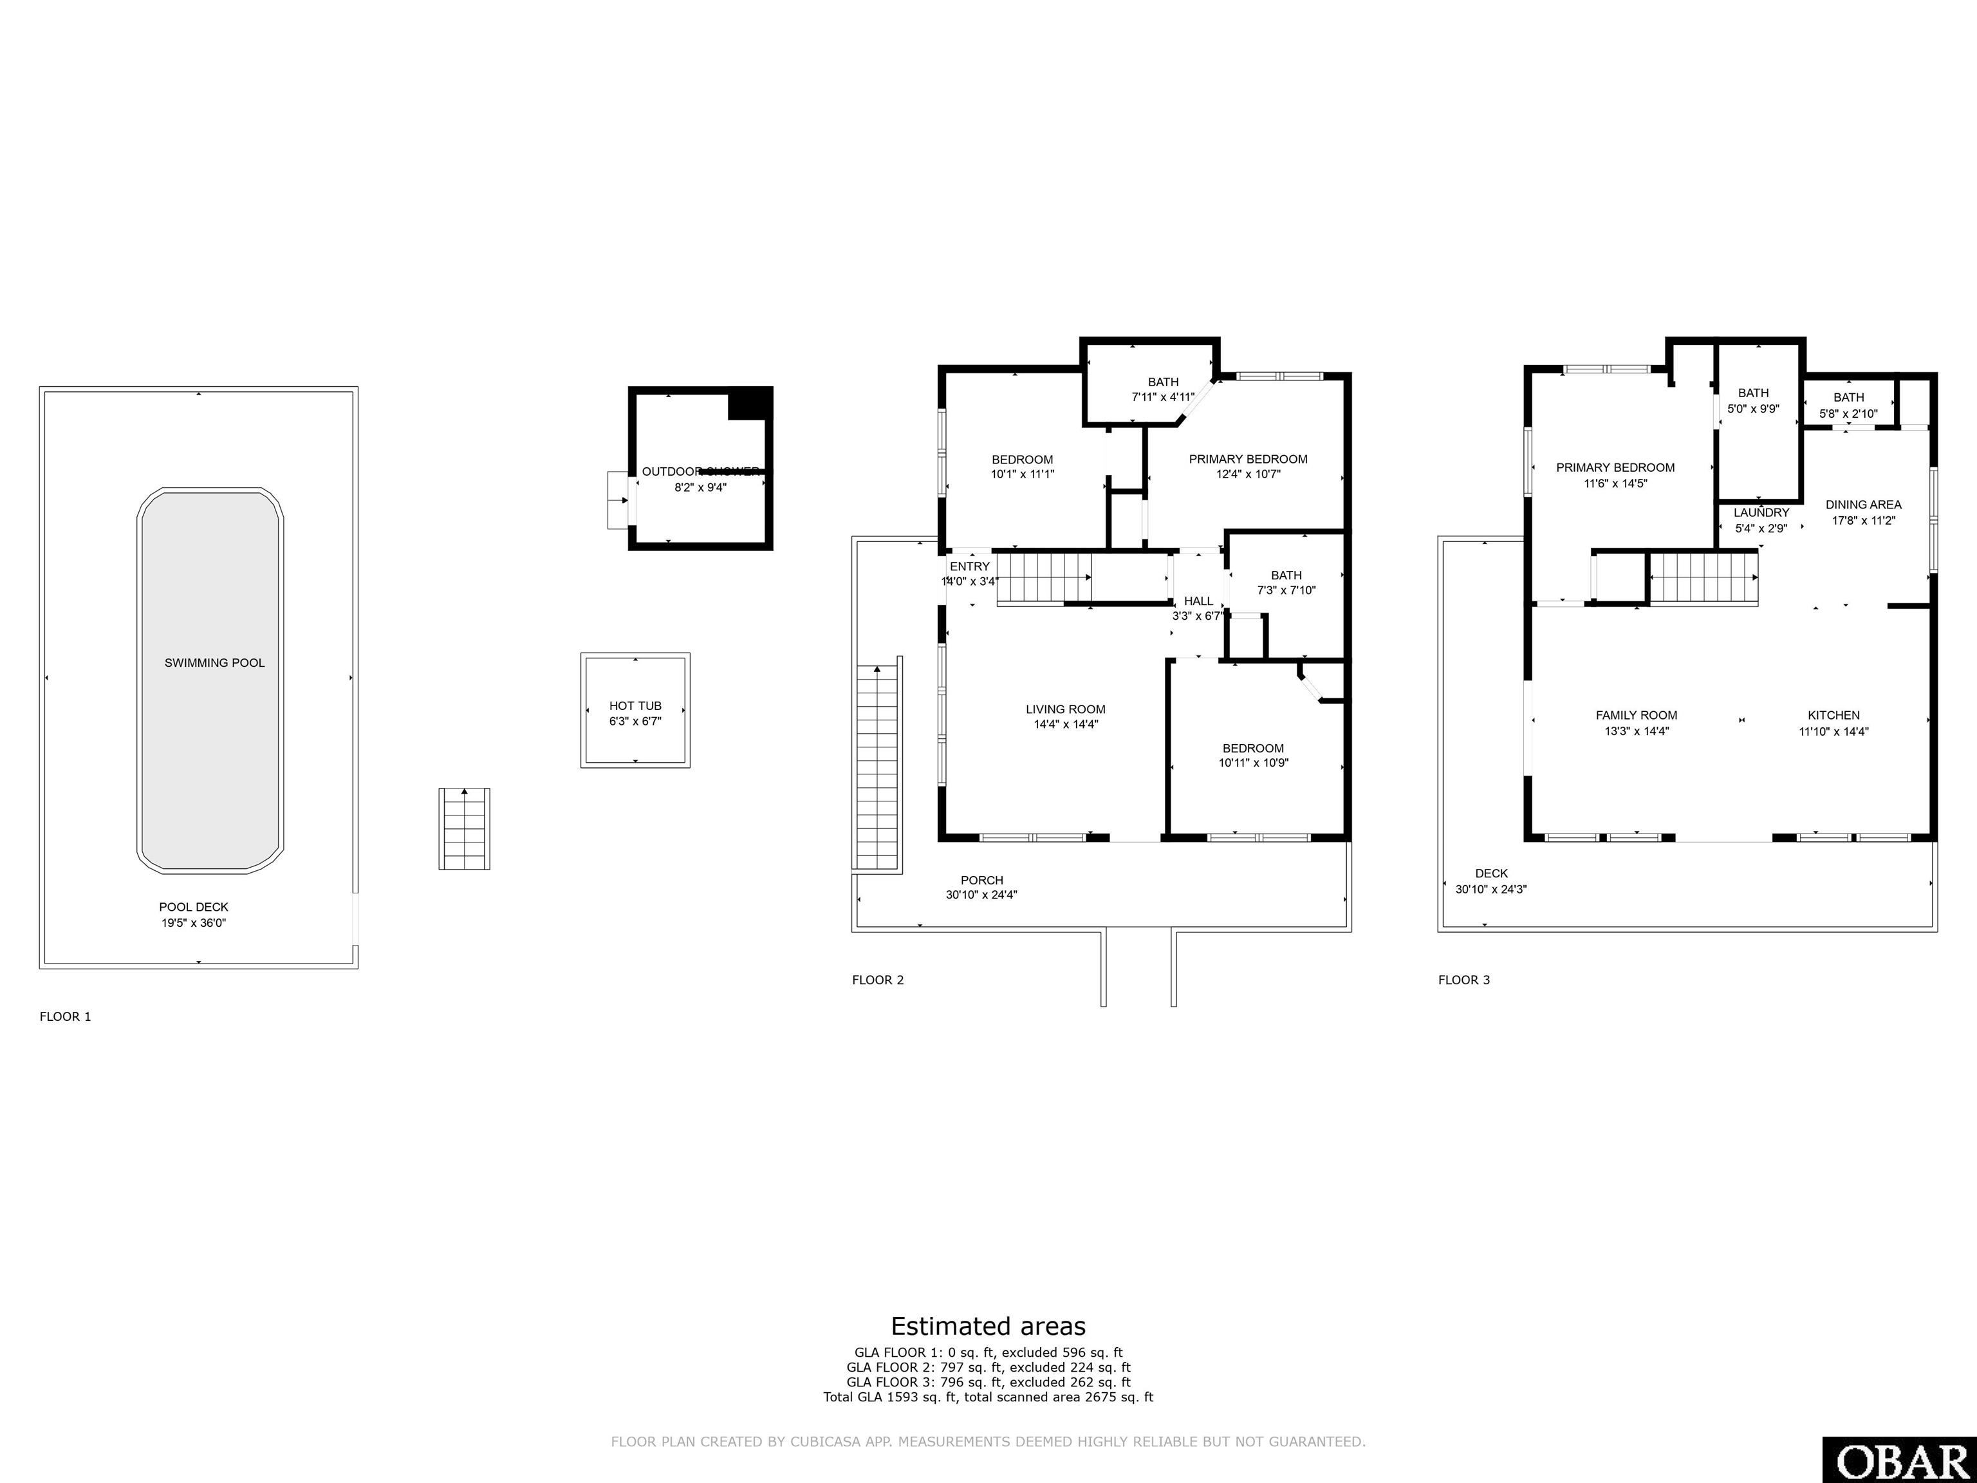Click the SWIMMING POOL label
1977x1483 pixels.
(x=214, y=662)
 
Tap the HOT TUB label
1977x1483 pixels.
(x=635, y=706)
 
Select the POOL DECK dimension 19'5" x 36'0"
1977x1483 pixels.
(x=194, y=922)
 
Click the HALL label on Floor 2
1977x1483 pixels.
(x=1198, y=601)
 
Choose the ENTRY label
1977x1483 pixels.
(x=970, y=566)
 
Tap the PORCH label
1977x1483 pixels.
(x=981, y=881)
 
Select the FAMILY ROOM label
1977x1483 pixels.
(x=1637, y=715)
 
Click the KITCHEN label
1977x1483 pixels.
(x=1833, y=715)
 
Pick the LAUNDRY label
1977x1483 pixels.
(x=1761, y=513)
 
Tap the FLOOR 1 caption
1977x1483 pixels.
(x=65, y=1016)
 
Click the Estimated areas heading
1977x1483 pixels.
(x=988, y=1326)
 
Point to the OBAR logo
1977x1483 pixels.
(x=1898, y=1460)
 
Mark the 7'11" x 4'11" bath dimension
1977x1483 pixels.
(x=1163, y=398)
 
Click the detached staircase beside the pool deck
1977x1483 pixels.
(x=464, y=828)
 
